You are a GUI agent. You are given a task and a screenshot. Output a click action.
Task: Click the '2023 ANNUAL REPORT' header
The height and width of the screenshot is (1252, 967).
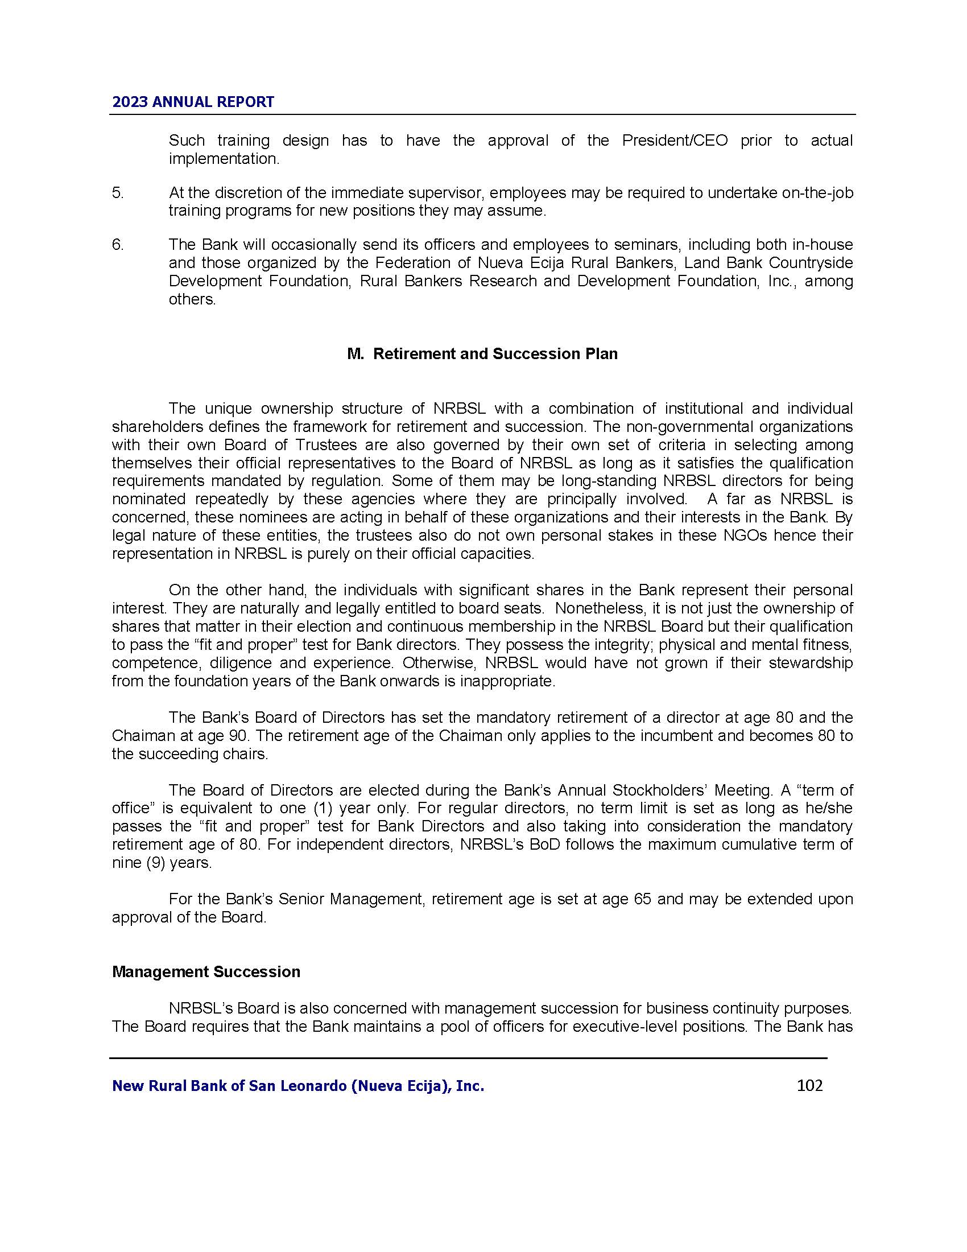pos(193,102)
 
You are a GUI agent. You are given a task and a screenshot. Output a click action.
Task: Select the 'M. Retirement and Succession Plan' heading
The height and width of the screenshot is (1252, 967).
pos(482,354)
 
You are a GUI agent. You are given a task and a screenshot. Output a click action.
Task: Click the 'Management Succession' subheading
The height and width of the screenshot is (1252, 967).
pos(206,971)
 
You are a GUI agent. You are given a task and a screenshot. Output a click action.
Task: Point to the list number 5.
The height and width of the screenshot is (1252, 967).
pos(117,192)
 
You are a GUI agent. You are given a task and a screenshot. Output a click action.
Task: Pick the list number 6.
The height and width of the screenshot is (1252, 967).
pos(117,245)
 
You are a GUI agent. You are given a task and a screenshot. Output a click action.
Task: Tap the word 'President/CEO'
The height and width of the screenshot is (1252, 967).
pos(674,141)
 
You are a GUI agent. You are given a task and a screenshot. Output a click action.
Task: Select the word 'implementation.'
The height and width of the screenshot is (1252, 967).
pos(224,159)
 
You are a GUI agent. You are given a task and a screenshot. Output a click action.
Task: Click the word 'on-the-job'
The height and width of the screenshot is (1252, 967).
pos(817,192)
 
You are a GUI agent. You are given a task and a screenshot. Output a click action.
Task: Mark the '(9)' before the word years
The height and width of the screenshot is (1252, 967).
pos(151,863)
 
